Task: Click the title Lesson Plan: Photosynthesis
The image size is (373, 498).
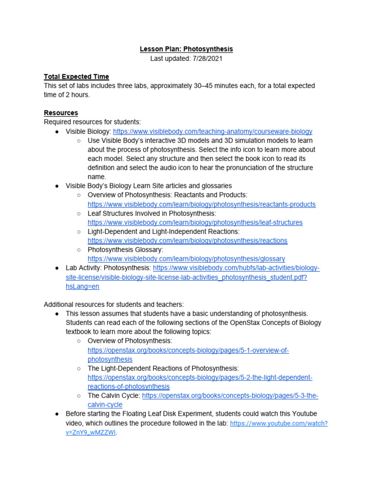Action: (x=186, y=49)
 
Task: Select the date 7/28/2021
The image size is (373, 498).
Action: (x=204, y=58)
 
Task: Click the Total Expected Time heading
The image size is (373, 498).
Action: (x=76, y=76)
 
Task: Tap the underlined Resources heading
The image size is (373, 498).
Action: (x=61, y=113)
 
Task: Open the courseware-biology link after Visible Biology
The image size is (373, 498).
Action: (x=213, y=131)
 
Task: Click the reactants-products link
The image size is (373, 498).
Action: (x=202, y=204)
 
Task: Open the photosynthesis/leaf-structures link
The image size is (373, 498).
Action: (x=195, y=222)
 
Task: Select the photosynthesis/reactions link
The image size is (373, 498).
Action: (x=187, y=241)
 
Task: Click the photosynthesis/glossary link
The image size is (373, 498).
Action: (x=186, y=259)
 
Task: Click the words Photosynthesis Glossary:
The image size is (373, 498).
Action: (x=125, y=249)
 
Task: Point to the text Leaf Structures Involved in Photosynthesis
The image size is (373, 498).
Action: (x=152, y=213)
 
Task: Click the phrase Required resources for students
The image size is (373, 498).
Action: (x=92, y=122)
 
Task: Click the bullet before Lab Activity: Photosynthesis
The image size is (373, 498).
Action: (x=57, y=268)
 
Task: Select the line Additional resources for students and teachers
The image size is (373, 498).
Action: (x=114, y=304)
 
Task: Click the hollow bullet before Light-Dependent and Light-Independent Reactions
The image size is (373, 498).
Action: (x=79, y=232)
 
